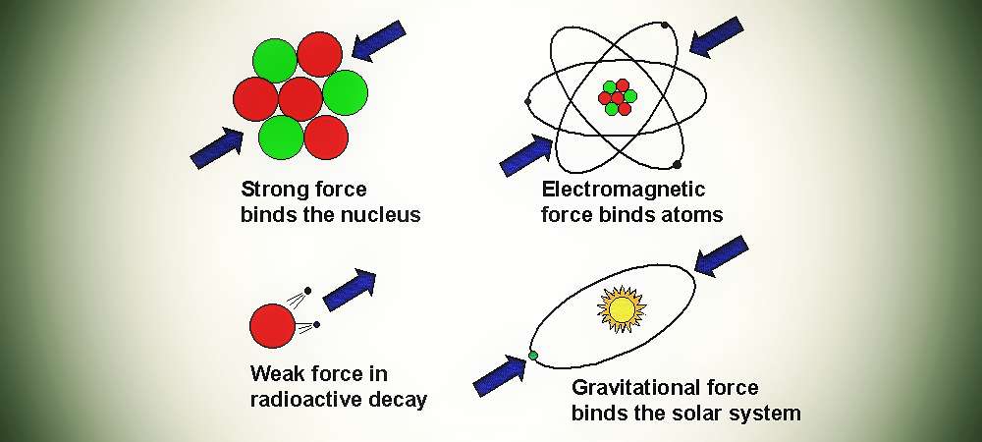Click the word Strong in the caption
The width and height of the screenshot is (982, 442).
pos(271,190)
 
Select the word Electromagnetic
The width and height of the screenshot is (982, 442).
pos(624,189)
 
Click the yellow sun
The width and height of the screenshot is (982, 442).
pos(622,308)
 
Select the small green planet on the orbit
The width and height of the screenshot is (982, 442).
pos(533,356)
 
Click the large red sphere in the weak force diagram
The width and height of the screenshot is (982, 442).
pos(272,325)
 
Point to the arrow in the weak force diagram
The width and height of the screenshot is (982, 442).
pos(350,291)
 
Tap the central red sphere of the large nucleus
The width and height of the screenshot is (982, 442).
pos(300,99)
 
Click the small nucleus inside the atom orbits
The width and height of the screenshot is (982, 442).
pos(618,97)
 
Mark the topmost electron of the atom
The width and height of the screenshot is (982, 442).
pos(665,25)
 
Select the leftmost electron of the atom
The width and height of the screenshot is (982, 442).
pos(528,101)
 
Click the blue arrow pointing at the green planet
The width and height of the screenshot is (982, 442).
pos(499,375)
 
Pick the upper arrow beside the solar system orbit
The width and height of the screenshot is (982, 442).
pos(722,255)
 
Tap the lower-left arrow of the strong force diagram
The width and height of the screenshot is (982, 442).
pos(217,148)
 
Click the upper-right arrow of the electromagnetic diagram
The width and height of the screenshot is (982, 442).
pos(717,37)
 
